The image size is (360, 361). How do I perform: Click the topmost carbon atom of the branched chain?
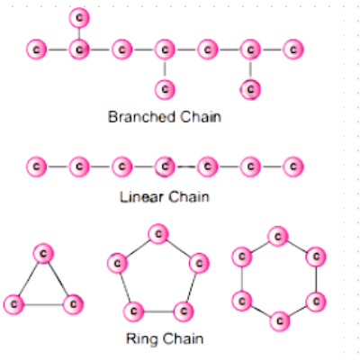79,18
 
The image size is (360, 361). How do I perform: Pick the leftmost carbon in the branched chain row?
36,50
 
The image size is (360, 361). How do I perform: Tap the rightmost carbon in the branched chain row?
293,50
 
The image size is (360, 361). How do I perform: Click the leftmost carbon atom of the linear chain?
36,167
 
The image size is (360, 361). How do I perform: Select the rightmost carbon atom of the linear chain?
293,167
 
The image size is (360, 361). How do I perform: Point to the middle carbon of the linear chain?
165,167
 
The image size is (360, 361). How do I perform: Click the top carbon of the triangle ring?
43,254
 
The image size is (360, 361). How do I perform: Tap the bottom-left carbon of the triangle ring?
13,304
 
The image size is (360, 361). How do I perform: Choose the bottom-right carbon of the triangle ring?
73,304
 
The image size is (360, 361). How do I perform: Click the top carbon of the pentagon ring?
158,234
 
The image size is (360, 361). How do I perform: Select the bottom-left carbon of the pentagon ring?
133,311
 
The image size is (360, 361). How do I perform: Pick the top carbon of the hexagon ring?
278,237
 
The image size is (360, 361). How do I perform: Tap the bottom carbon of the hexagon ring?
280,321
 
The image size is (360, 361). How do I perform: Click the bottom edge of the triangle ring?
43,304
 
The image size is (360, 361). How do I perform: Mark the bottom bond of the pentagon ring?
158,311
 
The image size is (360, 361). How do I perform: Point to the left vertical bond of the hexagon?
242,279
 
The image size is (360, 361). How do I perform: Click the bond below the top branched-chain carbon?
79,33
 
